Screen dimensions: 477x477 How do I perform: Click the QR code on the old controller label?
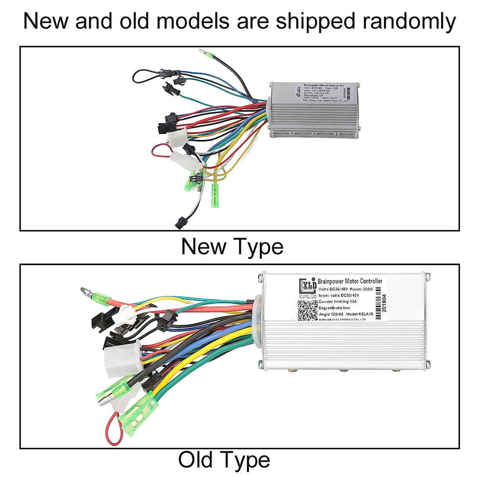click(x=308, y=310)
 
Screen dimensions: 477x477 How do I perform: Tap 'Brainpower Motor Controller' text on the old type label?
click(x=350, y=281)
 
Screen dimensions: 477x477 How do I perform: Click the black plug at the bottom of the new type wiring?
click(x=180, y=222)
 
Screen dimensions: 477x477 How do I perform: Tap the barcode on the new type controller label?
click(x=349, y=93)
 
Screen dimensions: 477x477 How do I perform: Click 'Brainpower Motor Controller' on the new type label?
click(x=324, y=85)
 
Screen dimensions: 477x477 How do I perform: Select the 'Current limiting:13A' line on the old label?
click(x=337, y=302)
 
